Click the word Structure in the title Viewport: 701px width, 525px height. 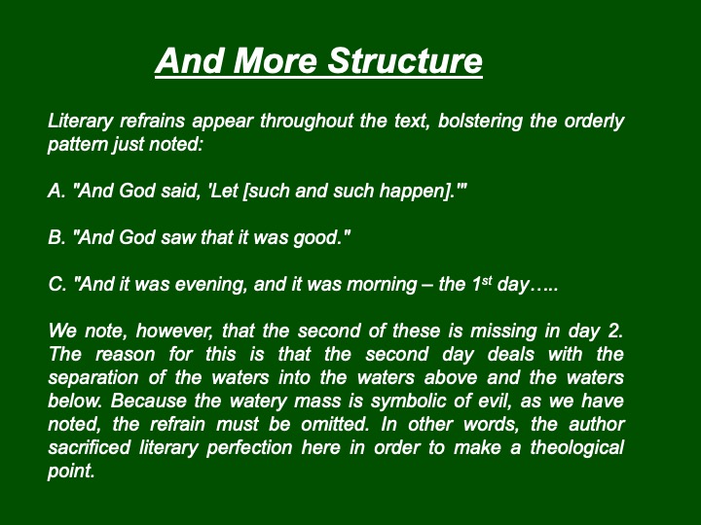pos(405,60)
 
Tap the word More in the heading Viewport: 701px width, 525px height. pos(275,60)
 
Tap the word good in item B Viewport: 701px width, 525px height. pos(314,238)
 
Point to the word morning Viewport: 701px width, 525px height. pos(382,285)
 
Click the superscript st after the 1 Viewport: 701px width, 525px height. pos(487,281)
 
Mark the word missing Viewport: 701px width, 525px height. pos(503,332)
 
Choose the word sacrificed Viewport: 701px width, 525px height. pos(89,447)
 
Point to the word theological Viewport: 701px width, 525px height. pos(576,448)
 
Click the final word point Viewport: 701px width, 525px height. pos(71,472)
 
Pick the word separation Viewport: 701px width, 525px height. pos(93,378)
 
